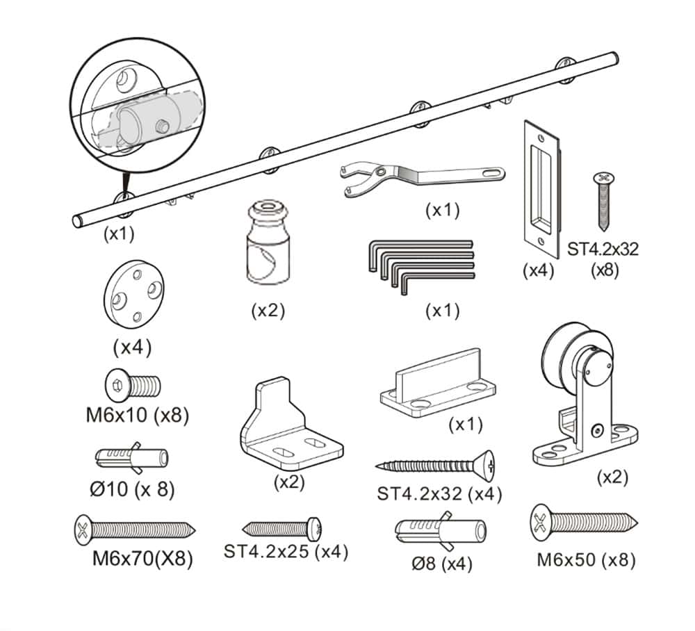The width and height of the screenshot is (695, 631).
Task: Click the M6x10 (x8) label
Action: click(x=138, y=416)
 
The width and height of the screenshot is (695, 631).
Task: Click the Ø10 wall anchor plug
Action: click(x=131, y=457)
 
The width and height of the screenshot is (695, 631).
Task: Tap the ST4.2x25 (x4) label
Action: click(x=286, y=552)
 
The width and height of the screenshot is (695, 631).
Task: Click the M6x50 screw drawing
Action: click(x=584, y=523)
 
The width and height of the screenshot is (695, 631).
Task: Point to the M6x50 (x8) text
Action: click(x=586, y=559)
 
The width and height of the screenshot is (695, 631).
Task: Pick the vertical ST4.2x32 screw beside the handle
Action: click(x=603, y=202)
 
